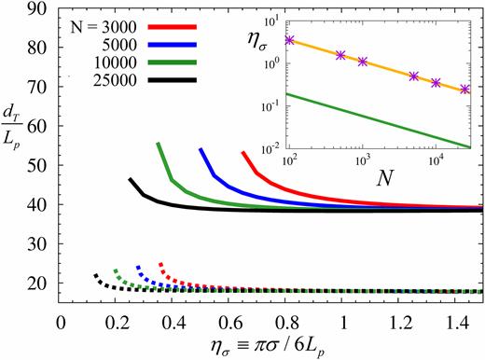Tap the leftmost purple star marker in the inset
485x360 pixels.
click(290, 40)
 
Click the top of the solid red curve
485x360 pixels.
click(242, 152)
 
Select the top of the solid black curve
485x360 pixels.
click(130, 179)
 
